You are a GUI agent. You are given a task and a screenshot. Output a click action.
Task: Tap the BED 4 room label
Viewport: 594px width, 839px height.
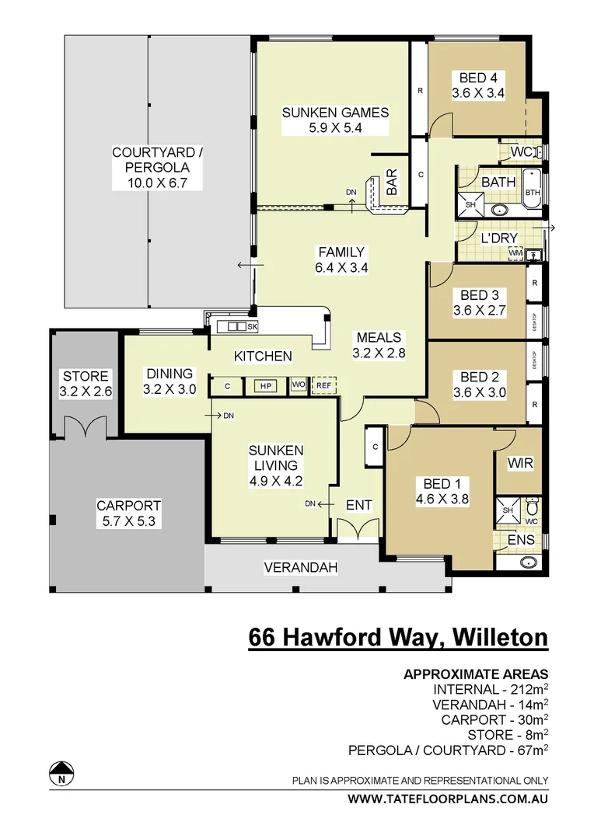click(x=478, y=78)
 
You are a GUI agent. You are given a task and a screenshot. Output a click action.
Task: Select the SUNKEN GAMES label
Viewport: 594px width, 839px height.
click(x=335, y=113)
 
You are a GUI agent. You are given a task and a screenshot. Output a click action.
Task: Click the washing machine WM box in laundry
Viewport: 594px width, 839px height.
click(x=515, y=252)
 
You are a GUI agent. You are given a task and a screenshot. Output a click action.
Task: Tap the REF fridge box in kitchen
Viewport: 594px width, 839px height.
click(x=323, y=385)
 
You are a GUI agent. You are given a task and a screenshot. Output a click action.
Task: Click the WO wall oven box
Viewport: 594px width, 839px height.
click(x=298, y=385)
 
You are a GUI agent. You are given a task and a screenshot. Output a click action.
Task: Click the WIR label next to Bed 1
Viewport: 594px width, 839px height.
click(x=519, y=464)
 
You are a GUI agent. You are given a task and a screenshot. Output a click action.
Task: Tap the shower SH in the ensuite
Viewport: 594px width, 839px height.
click(x=507, y=510)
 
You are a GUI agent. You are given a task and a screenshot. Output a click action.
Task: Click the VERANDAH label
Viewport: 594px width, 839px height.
click(x=301, y=568)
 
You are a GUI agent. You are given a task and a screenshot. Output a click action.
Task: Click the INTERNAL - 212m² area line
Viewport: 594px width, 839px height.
click(x=490, y=689)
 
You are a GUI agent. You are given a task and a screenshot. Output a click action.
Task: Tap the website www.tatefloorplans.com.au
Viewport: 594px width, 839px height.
click(x=447, y=799)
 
